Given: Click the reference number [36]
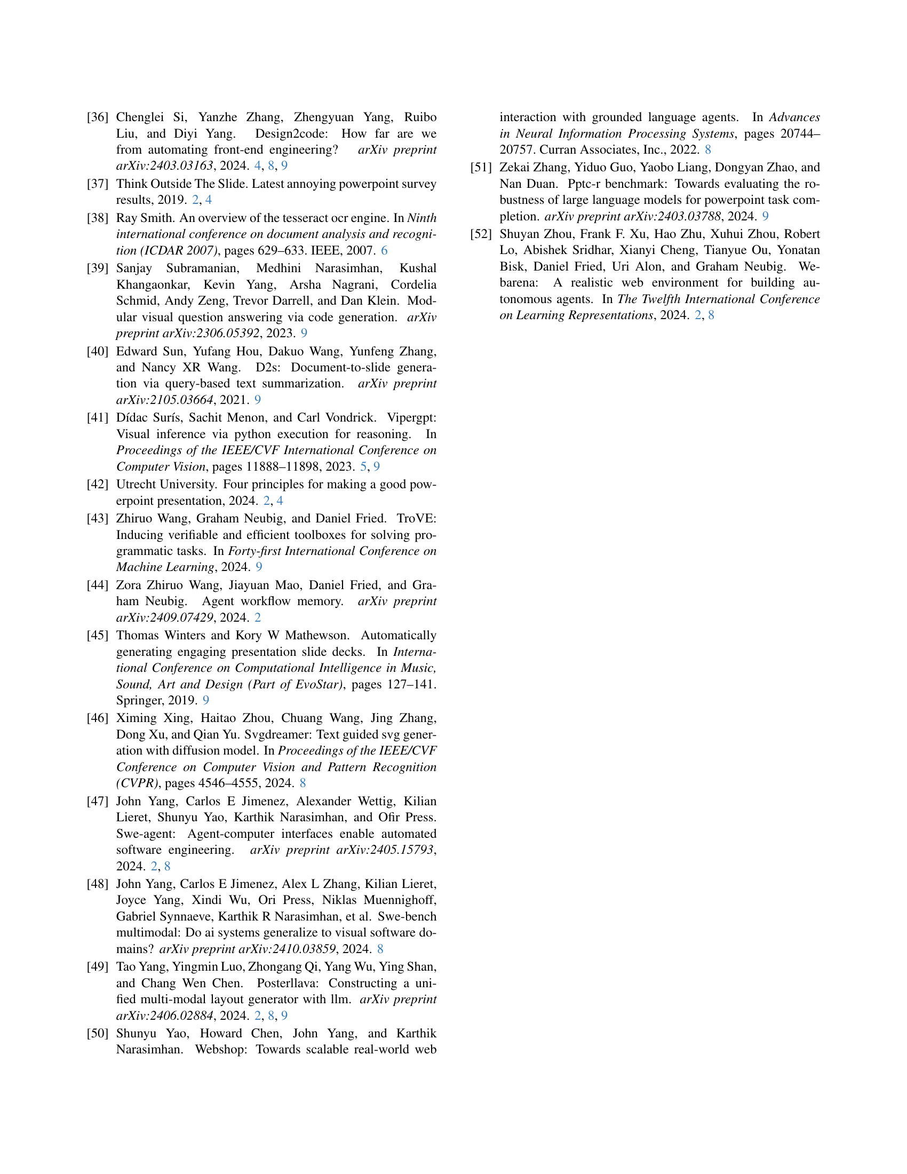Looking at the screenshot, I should (98, 117).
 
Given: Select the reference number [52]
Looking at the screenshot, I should (481, 234).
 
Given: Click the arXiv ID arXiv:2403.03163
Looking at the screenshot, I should (164, 165).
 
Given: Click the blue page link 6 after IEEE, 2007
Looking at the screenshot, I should (384, 250).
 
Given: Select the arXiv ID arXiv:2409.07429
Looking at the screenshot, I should (164, 617).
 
